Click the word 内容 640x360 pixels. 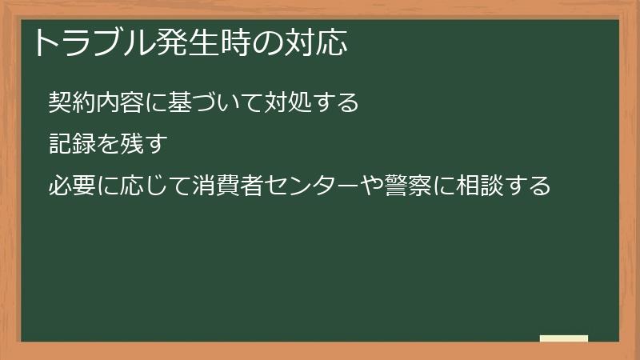(x=120, y=102)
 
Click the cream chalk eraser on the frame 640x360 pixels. (x=564, y=339)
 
